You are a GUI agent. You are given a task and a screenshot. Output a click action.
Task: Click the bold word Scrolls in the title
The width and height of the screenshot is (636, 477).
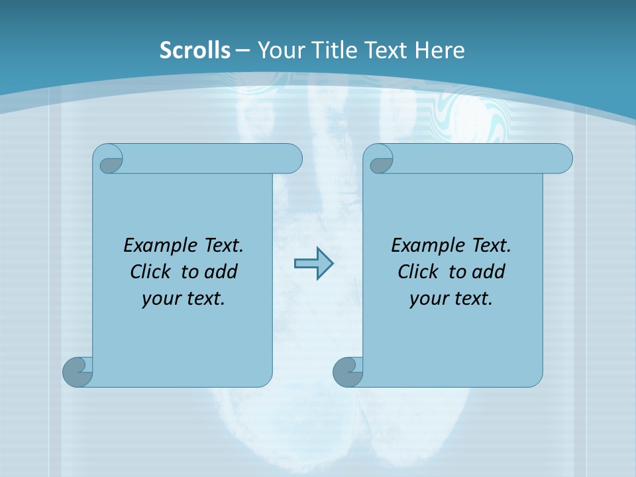point(195,50)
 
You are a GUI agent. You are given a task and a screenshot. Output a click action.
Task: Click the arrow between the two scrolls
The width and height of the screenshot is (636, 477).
point(313,264)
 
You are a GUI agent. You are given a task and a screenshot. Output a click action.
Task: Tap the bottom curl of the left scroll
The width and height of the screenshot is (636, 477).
point(77,371)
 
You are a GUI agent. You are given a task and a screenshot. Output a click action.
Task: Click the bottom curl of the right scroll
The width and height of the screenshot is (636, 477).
point(347,371)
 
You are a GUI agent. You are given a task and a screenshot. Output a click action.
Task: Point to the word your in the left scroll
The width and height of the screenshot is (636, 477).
point(158,299)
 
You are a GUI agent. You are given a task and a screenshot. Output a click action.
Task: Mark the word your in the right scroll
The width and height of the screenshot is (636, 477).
point(426,299)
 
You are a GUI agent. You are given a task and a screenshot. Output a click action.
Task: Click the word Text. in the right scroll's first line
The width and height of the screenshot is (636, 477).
point(491,245)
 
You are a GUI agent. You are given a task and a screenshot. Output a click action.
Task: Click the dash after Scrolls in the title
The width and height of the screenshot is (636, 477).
point(242,50)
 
